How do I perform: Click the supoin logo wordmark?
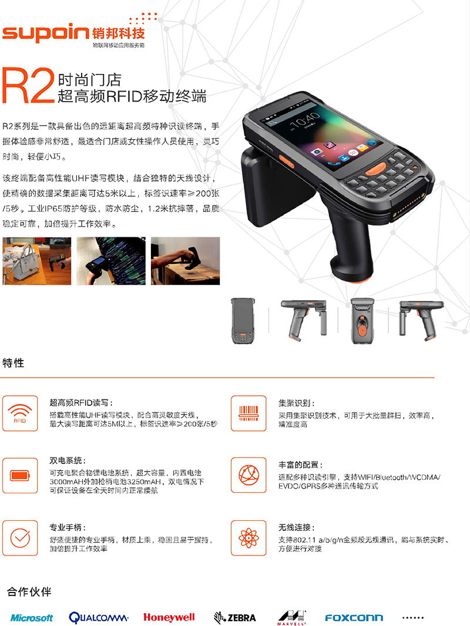tap(45, 34)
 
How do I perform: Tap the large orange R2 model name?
tap(28, 86)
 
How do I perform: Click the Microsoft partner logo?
tap(32, 618)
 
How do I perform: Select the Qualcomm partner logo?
tap(98, 618)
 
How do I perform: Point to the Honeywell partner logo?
tap(169, 617)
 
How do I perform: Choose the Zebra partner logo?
tap(235, 618)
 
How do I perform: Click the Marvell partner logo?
tap(292, 617)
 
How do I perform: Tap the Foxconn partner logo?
tap(354, 618)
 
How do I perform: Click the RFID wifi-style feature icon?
tap(20, 413)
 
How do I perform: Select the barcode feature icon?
tap(249, 413)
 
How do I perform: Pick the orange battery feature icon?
tap(20, 475)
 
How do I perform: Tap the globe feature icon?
tap(249, 475)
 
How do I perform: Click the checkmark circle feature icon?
tap(20, 538)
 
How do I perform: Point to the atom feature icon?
tap(249, 538)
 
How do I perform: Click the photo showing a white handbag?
tap(37, 261)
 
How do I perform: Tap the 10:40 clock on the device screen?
tap(304, 120)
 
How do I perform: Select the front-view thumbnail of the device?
tap(242, 321)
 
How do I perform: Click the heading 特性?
tap(13, 363)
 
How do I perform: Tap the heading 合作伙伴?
tap(29, 592)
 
